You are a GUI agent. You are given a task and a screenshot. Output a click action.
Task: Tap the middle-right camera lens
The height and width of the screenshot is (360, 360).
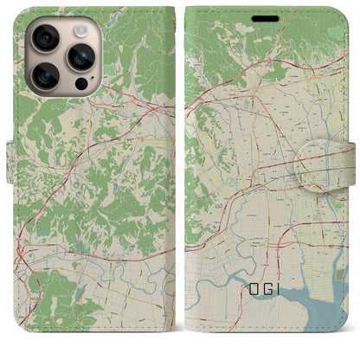(x=83, y=58)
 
